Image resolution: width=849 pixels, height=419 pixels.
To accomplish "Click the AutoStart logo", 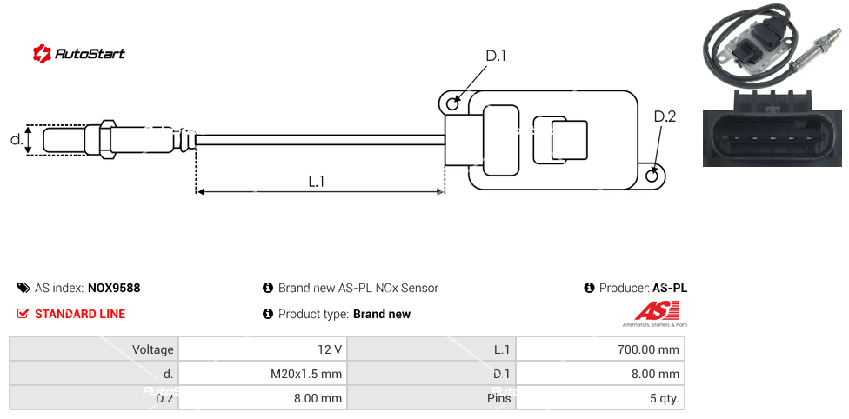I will (x=79, y=53).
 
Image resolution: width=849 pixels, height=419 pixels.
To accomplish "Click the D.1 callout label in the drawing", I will (x=496, y=56).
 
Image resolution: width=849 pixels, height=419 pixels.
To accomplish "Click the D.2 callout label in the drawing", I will (x=665, y=116).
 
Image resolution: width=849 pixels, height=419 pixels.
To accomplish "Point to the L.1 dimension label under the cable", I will (x=316, y=181).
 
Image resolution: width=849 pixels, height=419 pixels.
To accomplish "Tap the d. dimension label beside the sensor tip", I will (x=16, y=139).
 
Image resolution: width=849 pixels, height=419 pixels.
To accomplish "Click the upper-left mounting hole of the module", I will (x=452, y=103).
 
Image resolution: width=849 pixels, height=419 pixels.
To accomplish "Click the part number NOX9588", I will (x=114, y=288).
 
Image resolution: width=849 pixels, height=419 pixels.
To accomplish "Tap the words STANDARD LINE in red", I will (x=80, y=314).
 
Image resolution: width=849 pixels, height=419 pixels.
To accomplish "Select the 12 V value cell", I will (x=262, y=349).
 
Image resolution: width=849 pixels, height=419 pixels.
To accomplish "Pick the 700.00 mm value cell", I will (x=599, y=349).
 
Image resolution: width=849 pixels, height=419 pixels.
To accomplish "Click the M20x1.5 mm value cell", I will (x=262, y=374).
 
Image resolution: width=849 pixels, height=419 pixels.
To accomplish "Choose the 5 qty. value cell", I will (x=599, y=399).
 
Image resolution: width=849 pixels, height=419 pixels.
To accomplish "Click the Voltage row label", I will (x=94, y=349).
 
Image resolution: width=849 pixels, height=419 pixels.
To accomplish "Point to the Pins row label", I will (x=431, y=399).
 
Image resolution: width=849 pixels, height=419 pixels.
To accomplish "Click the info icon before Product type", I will (x=268, y=314).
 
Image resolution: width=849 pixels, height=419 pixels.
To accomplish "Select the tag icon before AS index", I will (x=23, y=288).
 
